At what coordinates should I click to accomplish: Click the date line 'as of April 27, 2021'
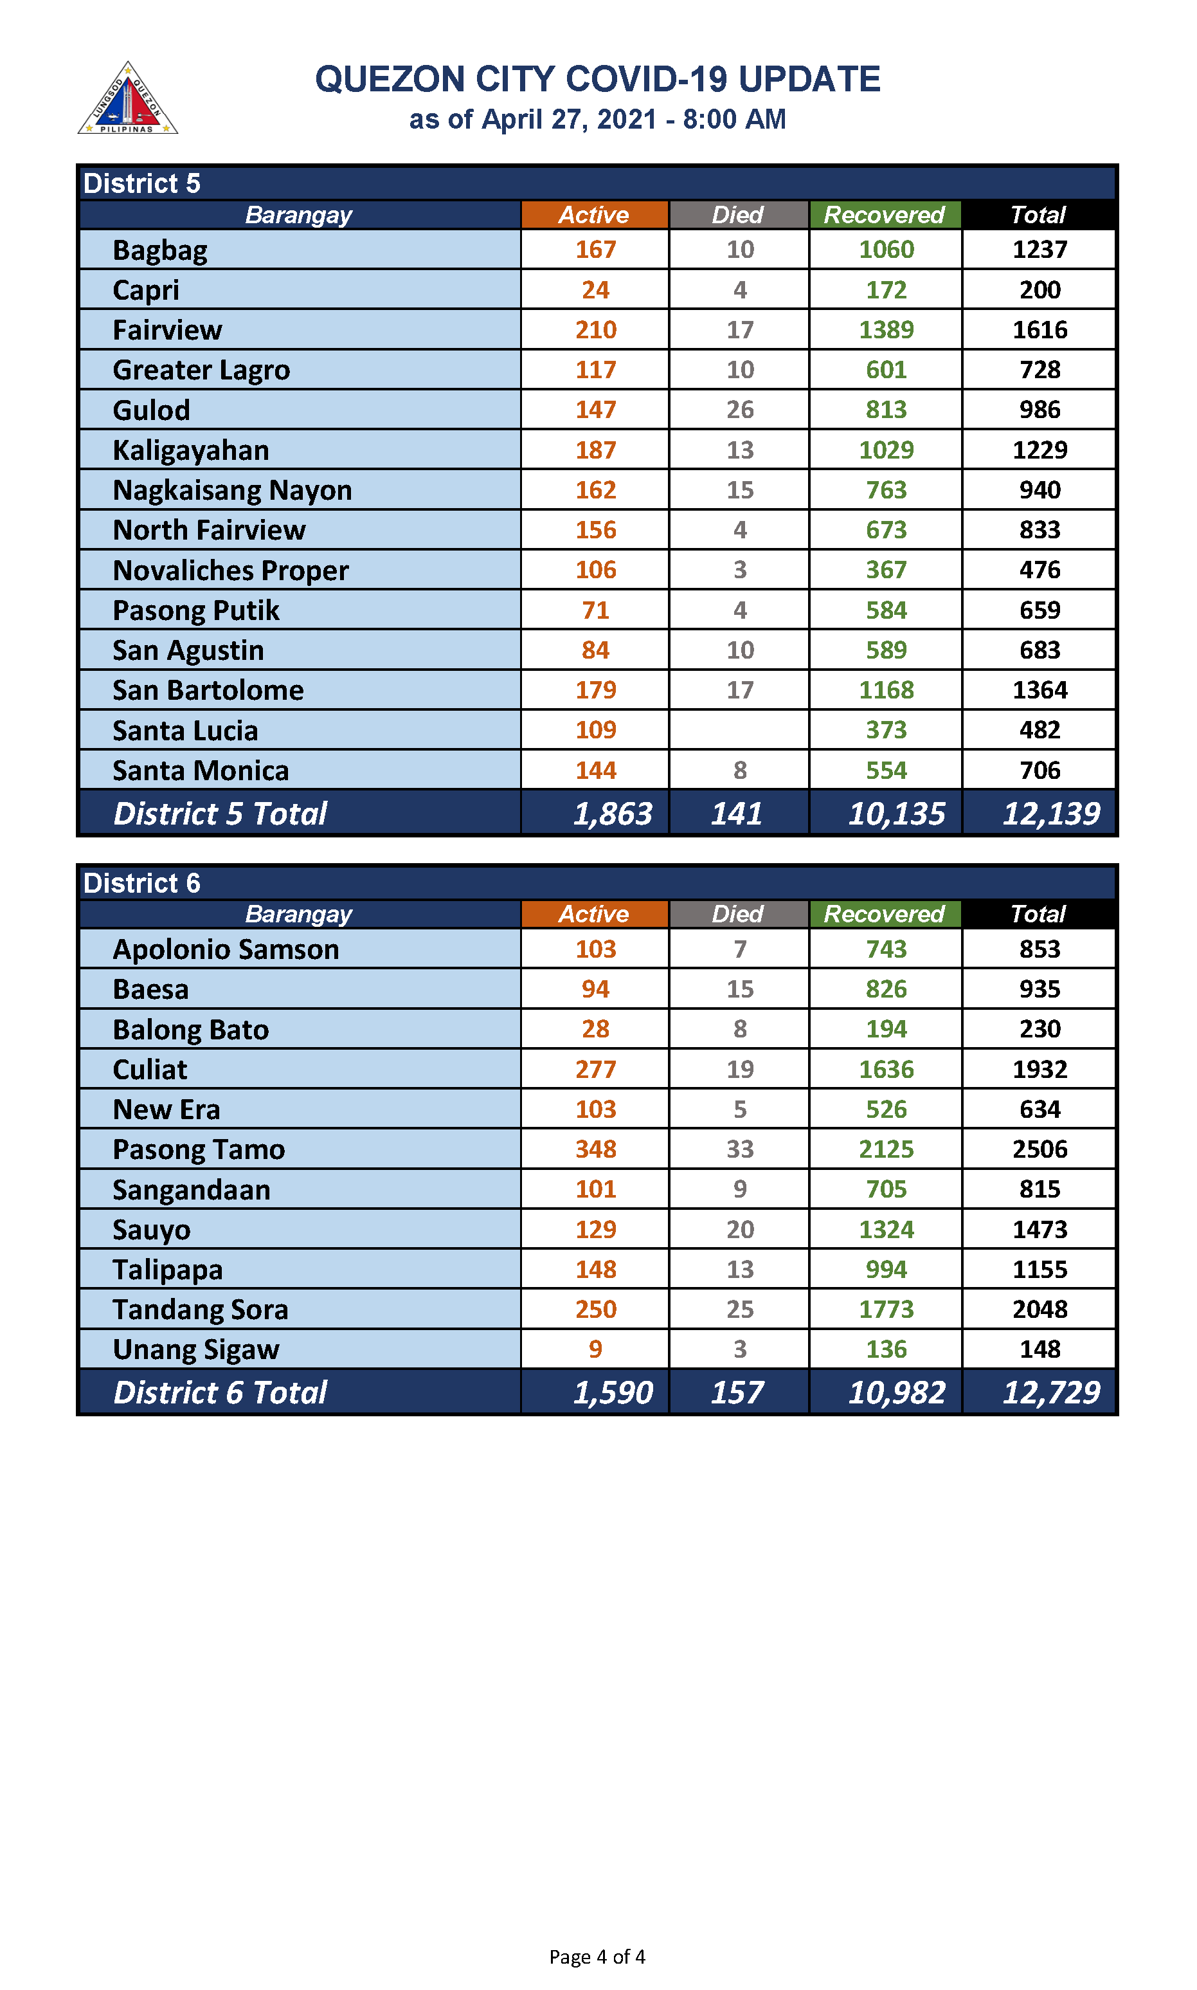coord(597,120)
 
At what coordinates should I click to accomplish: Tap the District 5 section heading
coord(142,184)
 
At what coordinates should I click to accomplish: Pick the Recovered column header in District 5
coord(884,215)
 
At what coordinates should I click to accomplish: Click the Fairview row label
coord(167,330)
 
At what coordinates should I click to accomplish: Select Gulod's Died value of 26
coord(740,410)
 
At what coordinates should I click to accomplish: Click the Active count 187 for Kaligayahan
coord(595,450)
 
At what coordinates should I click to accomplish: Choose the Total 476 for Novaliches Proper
coord(1039,570)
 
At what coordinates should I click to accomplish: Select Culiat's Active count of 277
coord(595,1069)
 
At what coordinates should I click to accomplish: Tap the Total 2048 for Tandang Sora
coord(1039,1309)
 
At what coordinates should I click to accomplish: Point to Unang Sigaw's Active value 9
coord(595,1349)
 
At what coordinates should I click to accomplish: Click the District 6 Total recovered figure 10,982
coord(896,1392)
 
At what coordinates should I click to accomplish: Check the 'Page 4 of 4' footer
coord(597,1956)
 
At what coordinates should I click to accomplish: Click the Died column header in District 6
coord(737,913)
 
